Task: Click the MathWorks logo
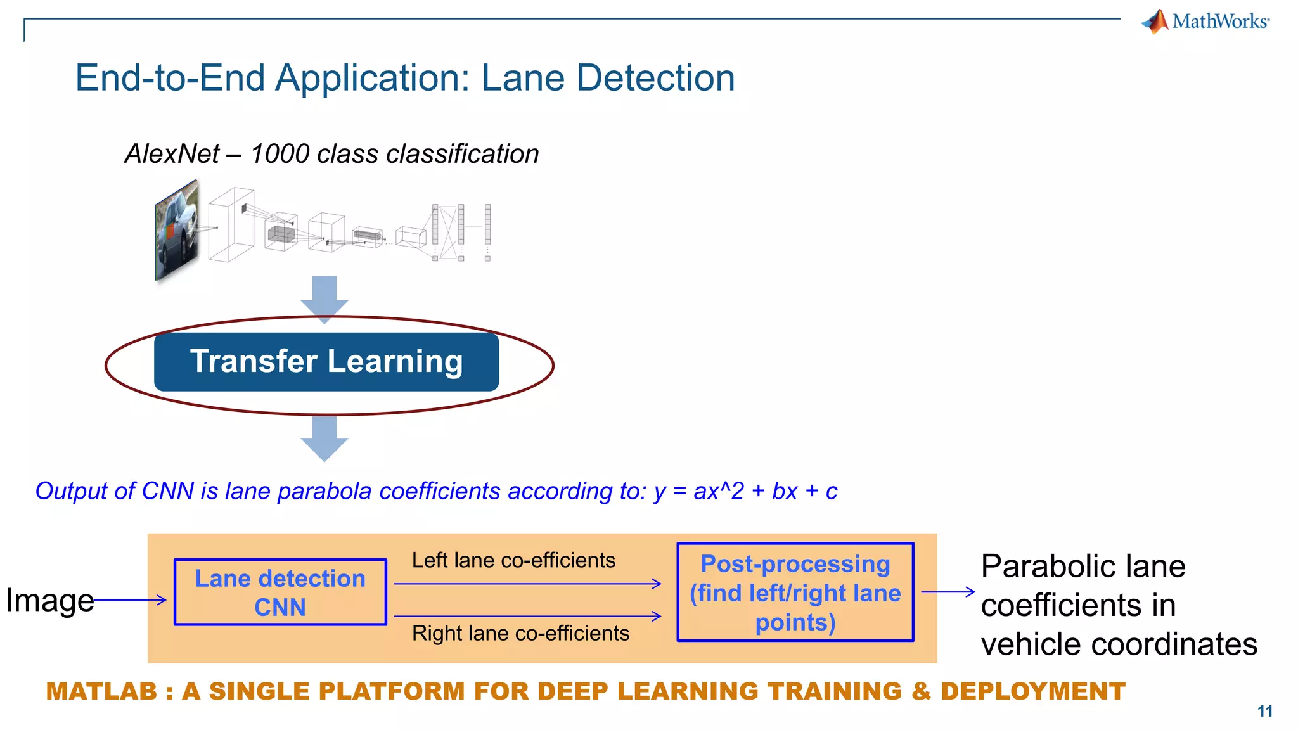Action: [1205, 21]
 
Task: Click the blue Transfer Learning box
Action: [326, 362]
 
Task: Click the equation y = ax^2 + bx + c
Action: [745, 491]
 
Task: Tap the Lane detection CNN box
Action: [280, 592]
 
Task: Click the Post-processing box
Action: [795, 592]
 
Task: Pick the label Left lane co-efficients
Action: [513, 560]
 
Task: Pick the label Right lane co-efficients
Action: [520, 633]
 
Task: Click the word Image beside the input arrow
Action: [49, 599]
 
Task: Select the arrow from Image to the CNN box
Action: [130, 599]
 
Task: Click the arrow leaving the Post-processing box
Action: [948, 592]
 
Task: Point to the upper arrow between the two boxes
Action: [527, 584]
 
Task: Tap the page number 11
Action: [1265, 711]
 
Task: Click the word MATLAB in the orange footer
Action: [101, 691]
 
